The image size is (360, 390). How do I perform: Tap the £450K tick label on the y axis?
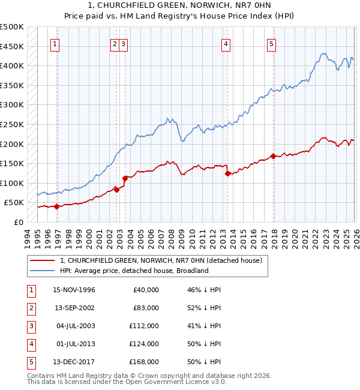(x=12, y=46)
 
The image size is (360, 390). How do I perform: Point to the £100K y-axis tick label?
(x=12, y=183)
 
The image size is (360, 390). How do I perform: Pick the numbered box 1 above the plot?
(x=55, y=43)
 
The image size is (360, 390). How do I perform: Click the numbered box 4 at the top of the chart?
(x=226, y=43)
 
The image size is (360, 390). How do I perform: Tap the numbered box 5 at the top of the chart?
(x=272, y=43)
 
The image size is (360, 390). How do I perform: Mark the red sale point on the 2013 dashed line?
(x=227, y=174)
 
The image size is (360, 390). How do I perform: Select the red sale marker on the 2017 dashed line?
(x=273, y=157)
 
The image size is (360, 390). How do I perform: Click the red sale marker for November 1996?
(x=56, y=206)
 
